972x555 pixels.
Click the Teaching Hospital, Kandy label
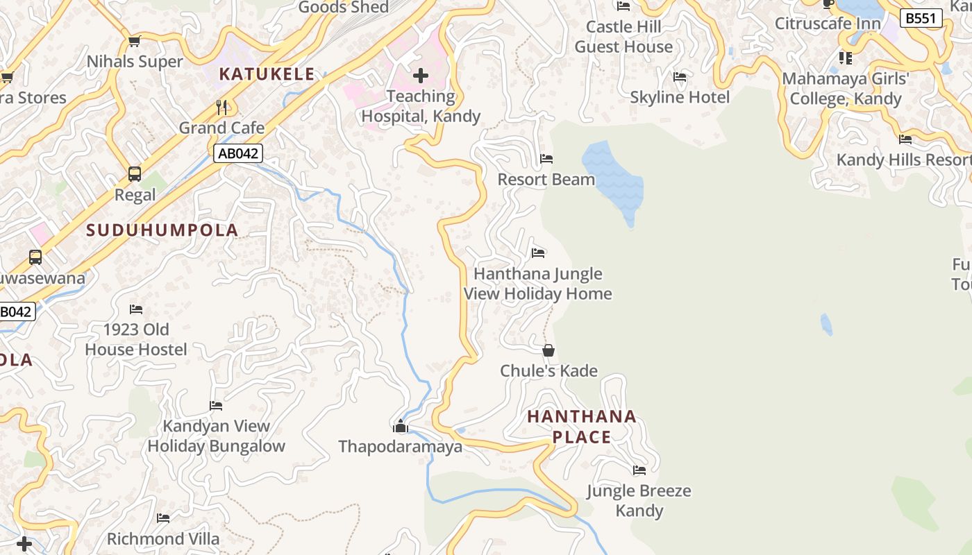point(421,106)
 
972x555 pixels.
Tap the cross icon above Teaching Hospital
point(421,76)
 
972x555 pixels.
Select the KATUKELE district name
point(267,74)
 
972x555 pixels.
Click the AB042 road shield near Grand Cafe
point(238,154)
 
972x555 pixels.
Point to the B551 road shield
point(921,18)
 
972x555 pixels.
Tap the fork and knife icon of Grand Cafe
point(222,107)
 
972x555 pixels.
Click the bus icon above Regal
point(135,173)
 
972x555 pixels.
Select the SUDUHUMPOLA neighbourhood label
point(162,230)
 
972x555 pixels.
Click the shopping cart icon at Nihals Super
point(135,41)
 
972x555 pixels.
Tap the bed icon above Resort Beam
point(546,159)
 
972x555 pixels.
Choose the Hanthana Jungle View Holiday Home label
point(537,284)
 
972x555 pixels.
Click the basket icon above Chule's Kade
point(548,350)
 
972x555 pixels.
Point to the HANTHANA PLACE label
point(582,427)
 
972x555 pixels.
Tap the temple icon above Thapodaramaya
point(400,426)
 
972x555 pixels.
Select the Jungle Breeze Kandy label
point(639,500)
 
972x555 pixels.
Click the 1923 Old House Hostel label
point(136,339)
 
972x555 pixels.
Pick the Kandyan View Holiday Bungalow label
point(216,436)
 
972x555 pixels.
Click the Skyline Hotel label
point(680,97)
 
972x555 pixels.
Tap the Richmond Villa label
point(163,539)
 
